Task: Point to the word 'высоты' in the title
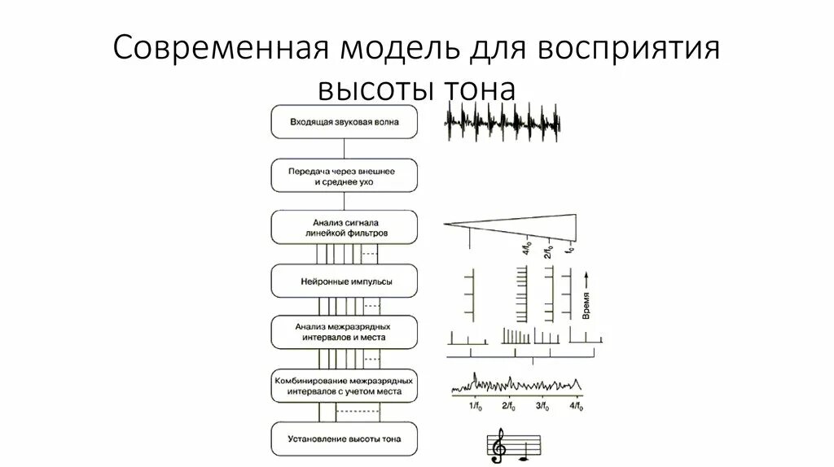[375, 86]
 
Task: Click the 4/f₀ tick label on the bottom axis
[577, 406]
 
